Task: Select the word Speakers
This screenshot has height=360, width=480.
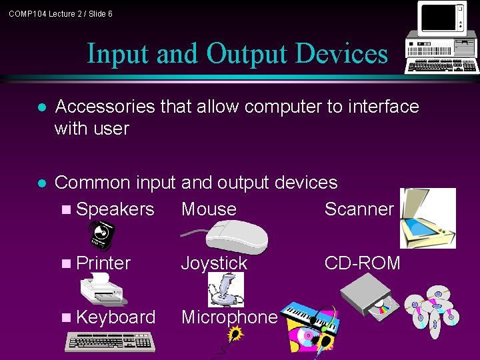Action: point(115,209)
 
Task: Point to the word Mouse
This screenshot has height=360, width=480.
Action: point(209,209)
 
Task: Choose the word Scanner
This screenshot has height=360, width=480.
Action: point(359,209)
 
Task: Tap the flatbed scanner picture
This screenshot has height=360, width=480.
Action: point(427,218)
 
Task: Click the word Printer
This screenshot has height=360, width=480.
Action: point(103,263)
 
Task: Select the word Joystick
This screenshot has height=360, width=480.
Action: point(214,263)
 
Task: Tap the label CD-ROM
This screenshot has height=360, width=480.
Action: point(363,263)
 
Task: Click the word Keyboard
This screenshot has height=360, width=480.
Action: point(116,317)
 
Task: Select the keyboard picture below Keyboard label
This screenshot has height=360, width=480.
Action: point(110,341)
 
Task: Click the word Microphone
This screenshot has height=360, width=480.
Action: point(229,317)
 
